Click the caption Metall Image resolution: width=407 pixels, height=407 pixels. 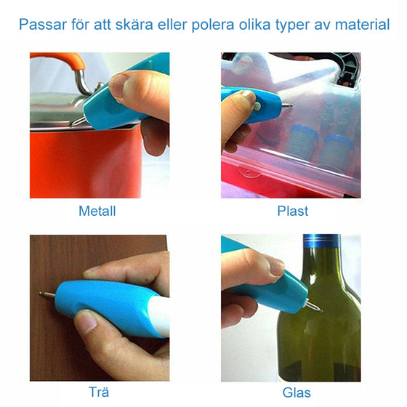coord(97,211)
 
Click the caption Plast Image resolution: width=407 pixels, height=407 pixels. coord(292,211)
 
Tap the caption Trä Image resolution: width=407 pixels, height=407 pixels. coord(98,393)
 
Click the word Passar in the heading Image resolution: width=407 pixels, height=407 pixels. coord(44,25)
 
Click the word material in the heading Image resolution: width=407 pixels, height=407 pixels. coord(362,25)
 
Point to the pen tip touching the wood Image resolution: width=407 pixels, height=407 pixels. coord(41,294)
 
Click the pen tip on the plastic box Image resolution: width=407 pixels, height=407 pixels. coord(291,106)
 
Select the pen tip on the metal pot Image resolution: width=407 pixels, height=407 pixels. coord(74,123)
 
